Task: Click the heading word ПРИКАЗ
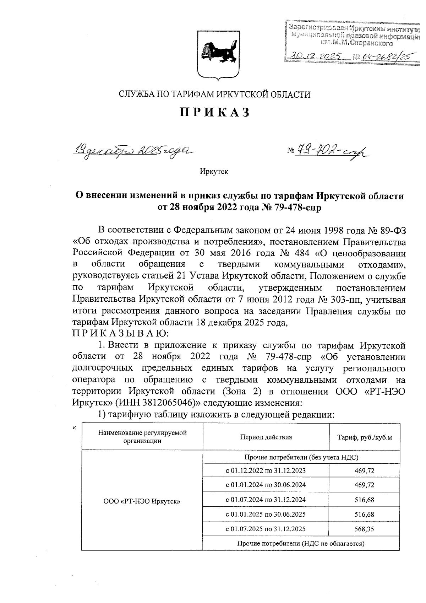tap(214, 112)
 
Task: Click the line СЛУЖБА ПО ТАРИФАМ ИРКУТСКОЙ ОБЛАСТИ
tap(214, 95)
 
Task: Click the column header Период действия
tap(266, 437)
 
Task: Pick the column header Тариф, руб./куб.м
tap(364, 437)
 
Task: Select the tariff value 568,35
tap(364, 529)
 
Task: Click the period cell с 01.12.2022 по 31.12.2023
tap(266, 471)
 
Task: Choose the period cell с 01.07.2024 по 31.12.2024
tap(266, 500)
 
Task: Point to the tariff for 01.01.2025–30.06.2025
tap(364, 514)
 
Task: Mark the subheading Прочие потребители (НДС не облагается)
tap(301, 543)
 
